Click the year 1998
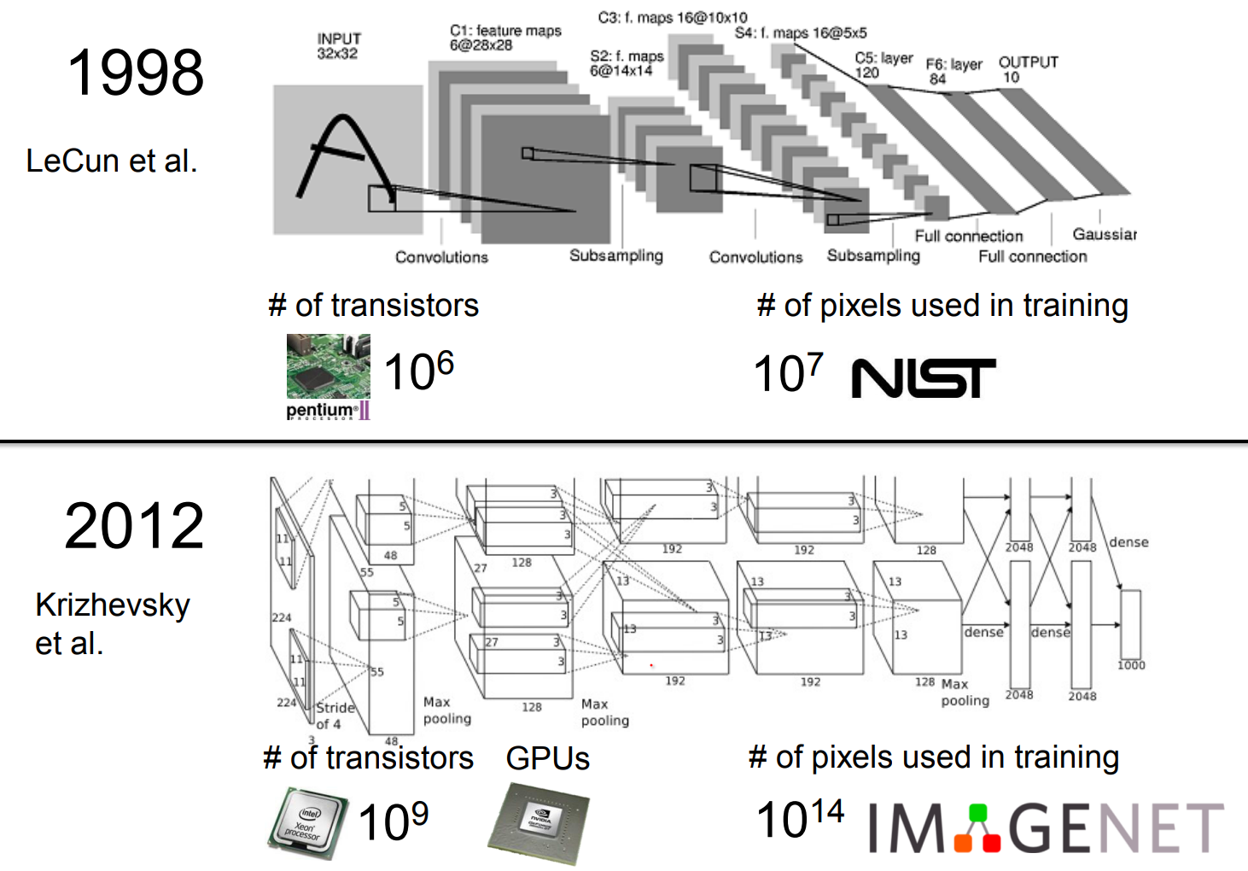click(135, 73)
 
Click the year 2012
click(134, 526)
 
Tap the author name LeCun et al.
click(111, 161)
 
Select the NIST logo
click(924, 377)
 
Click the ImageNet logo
click(1046, 827)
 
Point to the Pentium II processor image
click(328, 376)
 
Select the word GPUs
click(547, 758)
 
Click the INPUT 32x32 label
click(338, 46)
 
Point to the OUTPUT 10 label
click(1028, 69)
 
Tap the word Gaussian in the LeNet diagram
click(1105, 234)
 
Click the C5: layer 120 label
click(883, 65)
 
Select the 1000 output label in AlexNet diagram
click(1131, 665)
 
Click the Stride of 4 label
click(334, 716)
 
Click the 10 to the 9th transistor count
click(393, 821)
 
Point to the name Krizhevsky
click(113, 605)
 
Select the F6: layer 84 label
click(953, 71)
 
